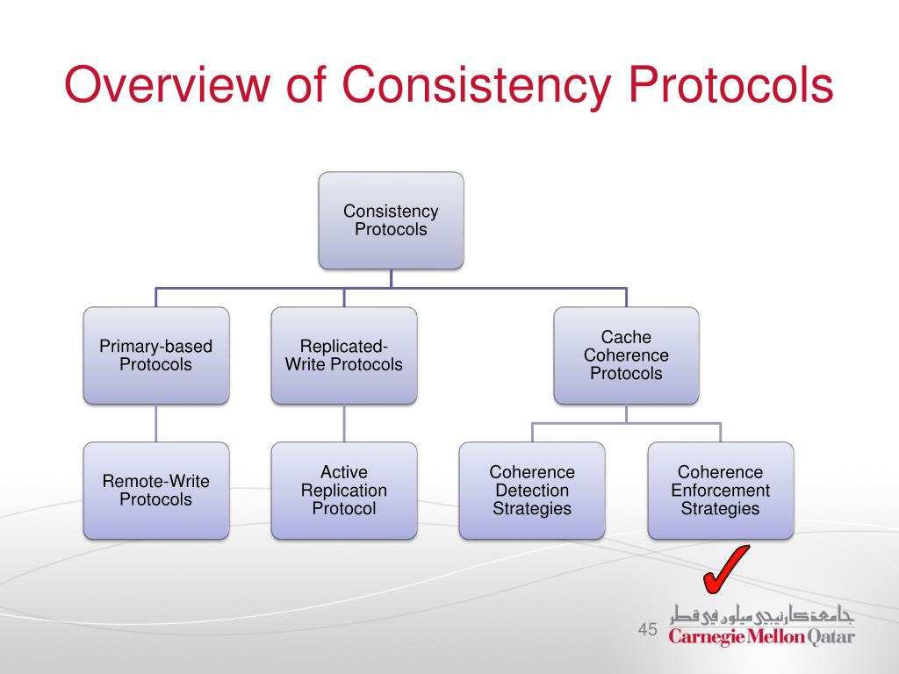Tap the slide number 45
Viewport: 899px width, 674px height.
(648, 629)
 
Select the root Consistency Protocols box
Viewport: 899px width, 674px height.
(391, 220)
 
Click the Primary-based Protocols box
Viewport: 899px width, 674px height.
(156, 355)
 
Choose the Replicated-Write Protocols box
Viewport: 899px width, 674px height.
(344, 355)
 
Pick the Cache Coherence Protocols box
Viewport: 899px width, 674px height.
(626, 355)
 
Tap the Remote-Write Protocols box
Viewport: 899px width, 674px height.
(156, 490)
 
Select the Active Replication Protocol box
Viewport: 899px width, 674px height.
(344, 490)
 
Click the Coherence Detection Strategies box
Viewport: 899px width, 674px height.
(532, 490)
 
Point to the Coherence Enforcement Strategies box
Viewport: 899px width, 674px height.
(720, 490)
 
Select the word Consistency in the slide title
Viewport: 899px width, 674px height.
(473, 87)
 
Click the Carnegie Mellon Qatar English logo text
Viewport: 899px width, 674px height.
(761, 635)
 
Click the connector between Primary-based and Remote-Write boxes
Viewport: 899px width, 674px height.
(156, 423)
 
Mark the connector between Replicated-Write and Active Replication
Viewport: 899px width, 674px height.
(344, 423)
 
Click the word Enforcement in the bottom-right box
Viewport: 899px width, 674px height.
(720, 491)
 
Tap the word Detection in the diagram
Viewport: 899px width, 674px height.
(532, 491)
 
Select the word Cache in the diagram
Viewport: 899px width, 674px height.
(626, 337)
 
